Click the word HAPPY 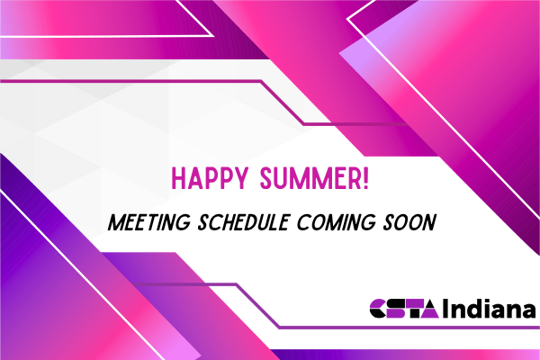(210, 178)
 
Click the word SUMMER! (314, 178)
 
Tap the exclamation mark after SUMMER (365, 178)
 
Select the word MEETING (149, 222)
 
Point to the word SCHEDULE (243, 222)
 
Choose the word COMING (336, 222)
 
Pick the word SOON (409, 222)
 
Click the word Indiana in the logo (490, 309)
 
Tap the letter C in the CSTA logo (378, 309)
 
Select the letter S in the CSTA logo (396, 309)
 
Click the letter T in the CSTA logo (413, 309)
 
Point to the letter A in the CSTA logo (429, 309)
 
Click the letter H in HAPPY (178, 178)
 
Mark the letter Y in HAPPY (241, 178)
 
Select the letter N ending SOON (429, 222)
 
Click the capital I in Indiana (445, 309)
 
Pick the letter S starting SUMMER (267, 178)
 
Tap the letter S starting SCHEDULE (204, 222)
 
